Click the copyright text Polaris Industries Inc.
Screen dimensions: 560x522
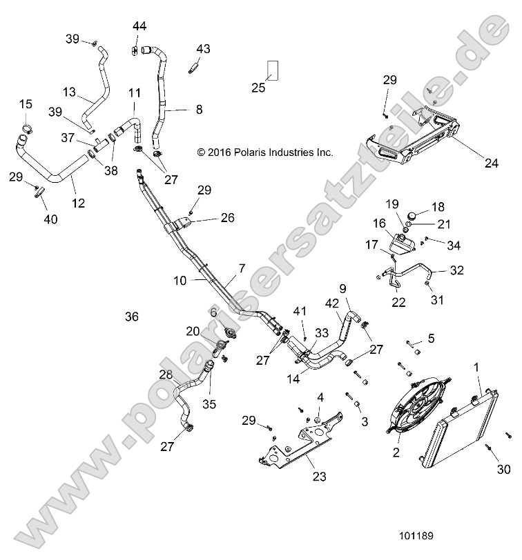[265, 152]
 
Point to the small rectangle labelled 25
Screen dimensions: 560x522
[273, 70]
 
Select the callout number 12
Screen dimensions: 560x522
[78, 203]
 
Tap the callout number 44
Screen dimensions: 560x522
[139, 26]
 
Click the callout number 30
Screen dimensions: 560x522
[504, 470]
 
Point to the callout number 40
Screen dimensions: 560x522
[50, 219]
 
